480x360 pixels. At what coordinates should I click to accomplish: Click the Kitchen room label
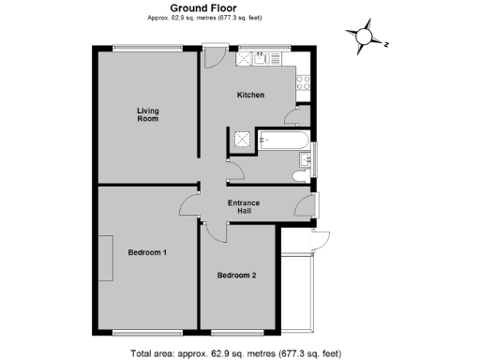click(249, 95)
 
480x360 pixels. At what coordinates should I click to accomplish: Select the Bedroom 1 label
click(147, 252)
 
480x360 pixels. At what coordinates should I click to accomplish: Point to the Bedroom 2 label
click(236, 275)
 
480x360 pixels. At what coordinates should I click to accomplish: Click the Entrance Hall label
click(244, 206)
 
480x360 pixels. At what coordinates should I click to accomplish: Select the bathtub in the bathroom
click(281, 142)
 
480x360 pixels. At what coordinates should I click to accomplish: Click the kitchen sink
click(266, 59)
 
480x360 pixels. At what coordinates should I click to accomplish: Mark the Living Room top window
click(146, 47)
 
